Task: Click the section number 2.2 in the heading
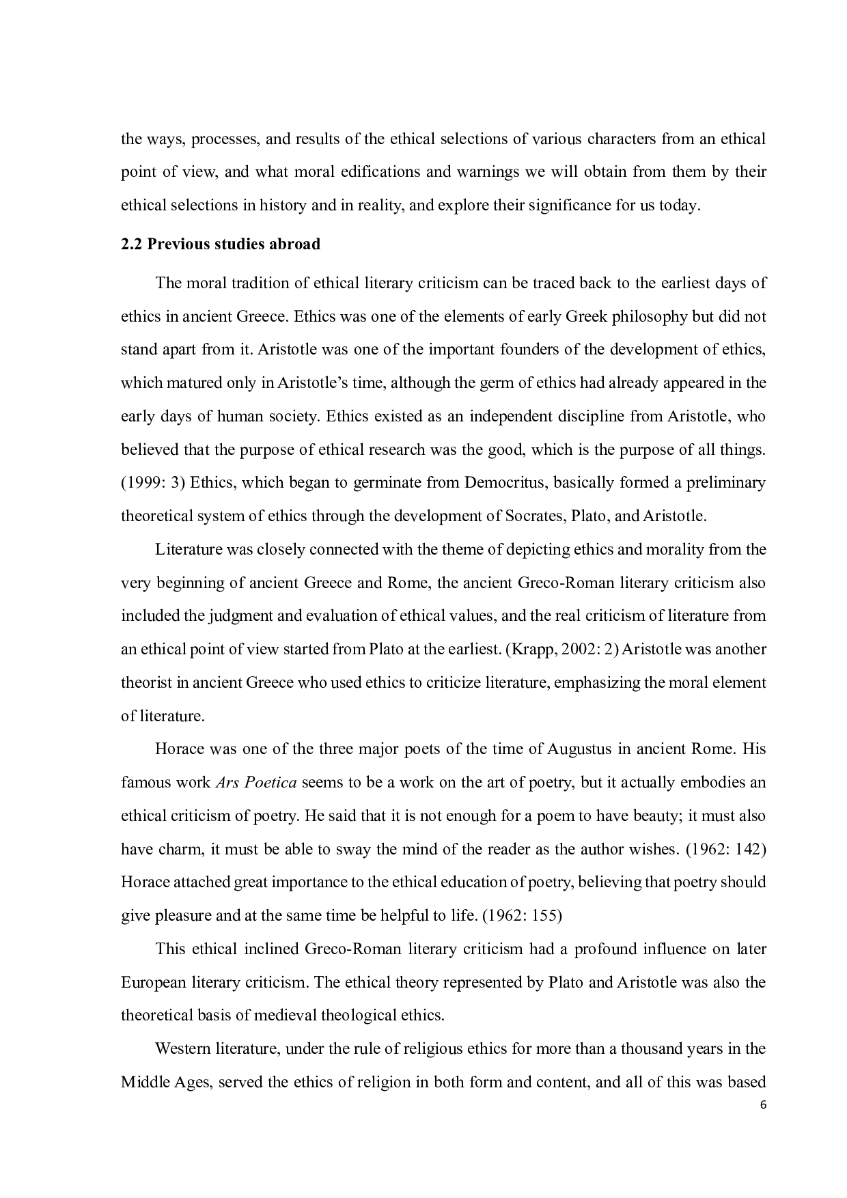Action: [x=131, y=245]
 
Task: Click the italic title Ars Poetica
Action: [x=256, y=783]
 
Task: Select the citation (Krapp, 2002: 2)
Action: [x=562, y=649]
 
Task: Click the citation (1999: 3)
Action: [x=153, y=483]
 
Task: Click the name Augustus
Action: [x=579, y=749]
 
